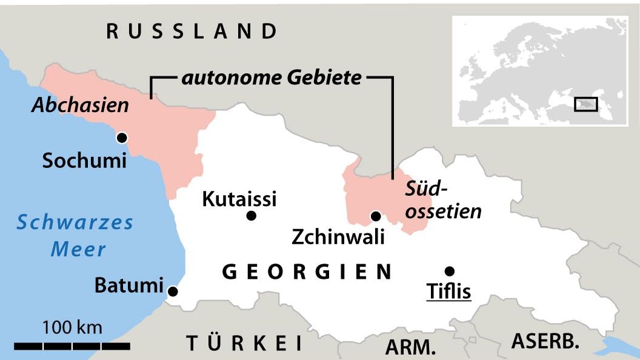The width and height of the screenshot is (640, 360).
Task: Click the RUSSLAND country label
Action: tap(192, 31)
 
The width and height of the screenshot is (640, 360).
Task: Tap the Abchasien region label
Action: tap(81, 105)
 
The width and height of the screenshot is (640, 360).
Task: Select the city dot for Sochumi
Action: tap(122, 138)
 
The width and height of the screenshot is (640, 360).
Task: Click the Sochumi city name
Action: tap(84, 161)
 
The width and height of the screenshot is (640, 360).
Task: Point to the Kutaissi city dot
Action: tap(252, 216)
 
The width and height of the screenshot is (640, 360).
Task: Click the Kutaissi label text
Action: tap(239, 198)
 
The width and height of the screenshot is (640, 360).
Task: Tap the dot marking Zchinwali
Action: tap(376, 216)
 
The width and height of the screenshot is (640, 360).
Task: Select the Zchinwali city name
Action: tap(338, 237)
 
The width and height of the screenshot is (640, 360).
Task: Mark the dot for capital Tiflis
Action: tap(449, 271)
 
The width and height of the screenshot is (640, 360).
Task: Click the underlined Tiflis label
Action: tap(449, 292)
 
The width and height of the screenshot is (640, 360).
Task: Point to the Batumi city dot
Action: tap(173, 292)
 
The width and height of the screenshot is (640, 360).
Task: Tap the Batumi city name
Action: tap(130, 285)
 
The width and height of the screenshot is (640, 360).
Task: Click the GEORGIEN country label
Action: tap(308, 272)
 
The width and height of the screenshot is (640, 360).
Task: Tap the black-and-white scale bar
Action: tap(72, 346)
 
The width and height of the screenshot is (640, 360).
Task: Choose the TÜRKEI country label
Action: tap(244, 343)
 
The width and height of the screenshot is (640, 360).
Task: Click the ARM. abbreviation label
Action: tap(411, 347)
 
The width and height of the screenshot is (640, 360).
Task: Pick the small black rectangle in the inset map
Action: tap(585, 104)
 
